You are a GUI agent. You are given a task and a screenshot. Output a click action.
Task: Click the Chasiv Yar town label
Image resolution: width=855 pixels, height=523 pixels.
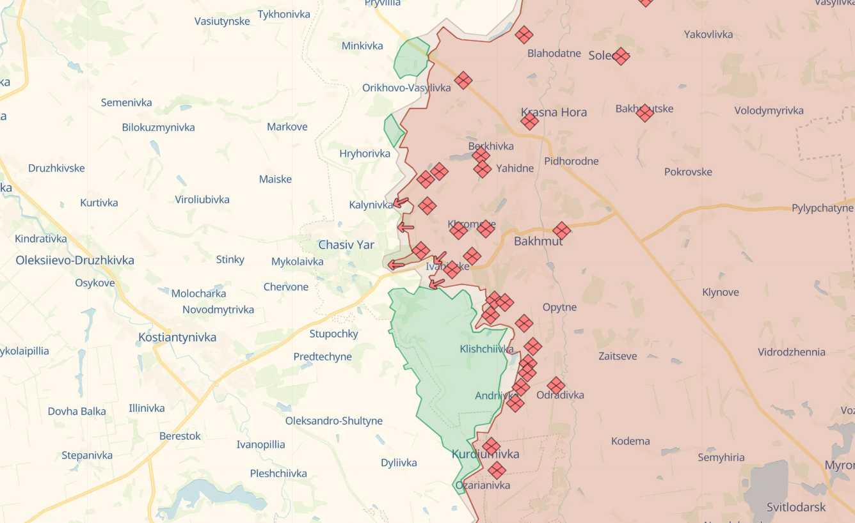click(x=346, y=245)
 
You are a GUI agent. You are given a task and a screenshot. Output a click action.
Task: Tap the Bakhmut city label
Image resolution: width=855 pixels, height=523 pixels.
click(x=538, y=241)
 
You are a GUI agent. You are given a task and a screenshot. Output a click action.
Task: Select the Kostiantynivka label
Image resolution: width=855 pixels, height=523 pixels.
click(x=177, y=337)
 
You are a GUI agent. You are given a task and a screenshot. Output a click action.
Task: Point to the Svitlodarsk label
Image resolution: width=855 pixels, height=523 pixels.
click(x=796, y=507)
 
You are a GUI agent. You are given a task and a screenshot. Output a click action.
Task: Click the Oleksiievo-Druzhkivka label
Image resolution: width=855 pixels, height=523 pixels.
click(x=75, y=260)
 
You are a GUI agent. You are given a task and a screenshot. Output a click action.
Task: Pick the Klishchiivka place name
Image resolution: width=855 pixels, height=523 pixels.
click(x=486, y=349)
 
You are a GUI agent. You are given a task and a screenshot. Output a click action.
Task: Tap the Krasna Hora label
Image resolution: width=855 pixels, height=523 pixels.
click(x=554, y=112)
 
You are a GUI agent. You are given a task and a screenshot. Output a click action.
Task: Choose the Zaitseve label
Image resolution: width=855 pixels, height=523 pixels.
click(x=618, y=356)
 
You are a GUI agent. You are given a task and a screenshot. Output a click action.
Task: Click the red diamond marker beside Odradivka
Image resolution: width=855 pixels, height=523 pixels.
click(x=556, y=386)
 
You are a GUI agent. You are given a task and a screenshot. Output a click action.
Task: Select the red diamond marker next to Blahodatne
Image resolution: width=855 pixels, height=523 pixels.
click(x=524, y=35)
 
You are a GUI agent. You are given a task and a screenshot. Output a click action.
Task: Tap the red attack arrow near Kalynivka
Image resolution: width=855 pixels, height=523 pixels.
click(x=401, y=203)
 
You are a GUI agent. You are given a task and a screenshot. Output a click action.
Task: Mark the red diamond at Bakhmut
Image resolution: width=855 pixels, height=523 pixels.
click(x=561, y=231)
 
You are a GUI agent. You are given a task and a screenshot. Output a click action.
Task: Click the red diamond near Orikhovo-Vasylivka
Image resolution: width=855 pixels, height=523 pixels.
click(x=463, y=81)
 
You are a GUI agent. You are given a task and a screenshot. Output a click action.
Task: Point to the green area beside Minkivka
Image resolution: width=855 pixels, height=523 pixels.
click(x=412, y=58)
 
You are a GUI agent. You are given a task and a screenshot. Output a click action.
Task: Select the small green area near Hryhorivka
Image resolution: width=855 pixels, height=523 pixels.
click(x=393, y=130)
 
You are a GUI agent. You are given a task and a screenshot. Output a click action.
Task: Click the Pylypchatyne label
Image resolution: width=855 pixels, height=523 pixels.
click(x=822, y=208)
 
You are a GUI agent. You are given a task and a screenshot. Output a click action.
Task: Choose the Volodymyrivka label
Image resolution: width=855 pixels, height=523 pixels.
click(x=769, y=111)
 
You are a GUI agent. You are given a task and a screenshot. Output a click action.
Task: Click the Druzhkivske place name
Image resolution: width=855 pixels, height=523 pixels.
click(x=56, y=168)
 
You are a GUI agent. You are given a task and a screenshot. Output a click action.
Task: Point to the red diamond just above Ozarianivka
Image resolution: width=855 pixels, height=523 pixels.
click(x=497, y=471)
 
